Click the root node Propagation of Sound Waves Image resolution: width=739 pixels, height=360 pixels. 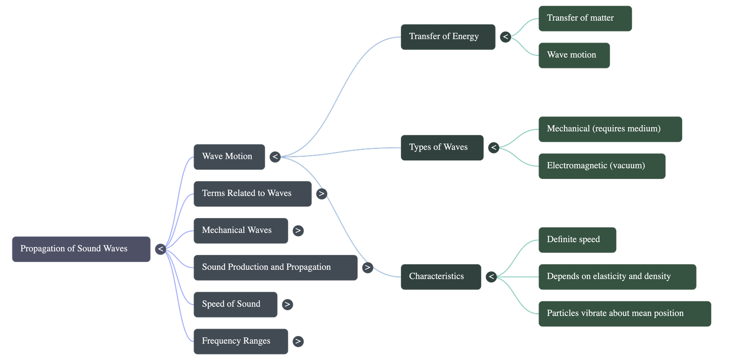pos(81,249)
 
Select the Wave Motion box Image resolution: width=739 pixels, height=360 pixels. pos(229,157)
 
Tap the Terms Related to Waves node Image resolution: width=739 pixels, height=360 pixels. pos(252,194)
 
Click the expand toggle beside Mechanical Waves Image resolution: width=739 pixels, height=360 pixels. pos(298,230)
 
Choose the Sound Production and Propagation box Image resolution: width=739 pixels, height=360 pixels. pos(275,267)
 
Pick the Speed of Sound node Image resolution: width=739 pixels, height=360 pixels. pos(235,304)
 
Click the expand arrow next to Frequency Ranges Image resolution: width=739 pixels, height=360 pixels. pos(298,341)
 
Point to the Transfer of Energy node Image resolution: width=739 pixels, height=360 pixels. pos(448,37)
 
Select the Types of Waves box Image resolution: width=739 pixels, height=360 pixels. pos(442,147)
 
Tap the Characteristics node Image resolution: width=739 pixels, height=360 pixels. pos(440,276)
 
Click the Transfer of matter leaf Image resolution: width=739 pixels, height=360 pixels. pos(585,18)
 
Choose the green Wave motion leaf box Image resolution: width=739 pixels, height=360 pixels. pos(574,55)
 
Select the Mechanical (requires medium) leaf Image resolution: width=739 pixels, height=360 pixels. pos(610,129)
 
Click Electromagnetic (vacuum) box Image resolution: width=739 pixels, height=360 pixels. pos(601,166)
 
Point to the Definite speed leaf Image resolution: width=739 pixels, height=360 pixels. pos(577,239)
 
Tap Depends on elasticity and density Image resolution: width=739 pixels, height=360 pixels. pos(617,276)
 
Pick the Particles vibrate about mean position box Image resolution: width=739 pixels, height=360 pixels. pos(624,313)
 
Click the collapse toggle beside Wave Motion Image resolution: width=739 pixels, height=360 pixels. pos(275,157)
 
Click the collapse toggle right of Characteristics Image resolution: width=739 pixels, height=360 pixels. pos(491,276)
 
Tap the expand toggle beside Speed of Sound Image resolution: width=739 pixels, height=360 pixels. pos(287,304)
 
